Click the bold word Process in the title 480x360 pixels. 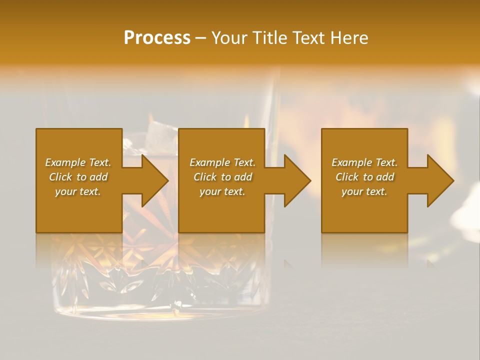click(157, 38)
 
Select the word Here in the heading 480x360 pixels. click(349, 38)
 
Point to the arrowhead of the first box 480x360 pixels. click(154, 180)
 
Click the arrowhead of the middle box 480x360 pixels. click(297, 180)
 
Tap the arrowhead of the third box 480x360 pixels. click(440, 180)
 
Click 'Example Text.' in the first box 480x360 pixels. click(78, 162)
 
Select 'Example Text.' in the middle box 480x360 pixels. click(222, 162)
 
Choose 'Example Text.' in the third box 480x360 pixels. click(364, 162)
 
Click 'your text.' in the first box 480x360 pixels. click(78, 191)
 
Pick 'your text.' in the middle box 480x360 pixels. click(222, 191)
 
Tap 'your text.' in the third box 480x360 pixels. click(364, 191)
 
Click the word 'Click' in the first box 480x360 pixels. click(60, 177)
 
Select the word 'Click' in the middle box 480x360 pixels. click(205, 177)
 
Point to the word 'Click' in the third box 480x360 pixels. click(347, 177)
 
